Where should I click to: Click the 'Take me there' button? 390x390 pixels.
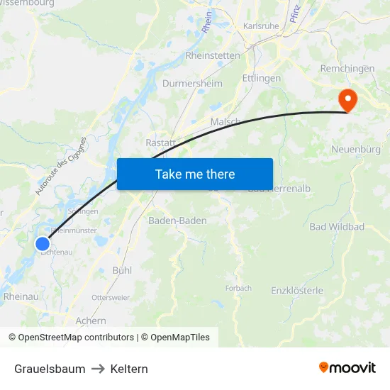tap(195, 174)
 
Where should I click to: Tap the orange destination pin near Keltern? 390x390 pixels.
tap(347, 100)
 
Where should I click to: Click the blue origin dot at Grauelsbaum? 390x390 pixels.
tap(42, 243)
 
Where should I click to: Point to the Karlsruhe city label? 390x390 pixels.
tap(261, 26)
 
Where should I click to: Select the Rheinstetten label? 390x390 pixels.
tap(213, 55)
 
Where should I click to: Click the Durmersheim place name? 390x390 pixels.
tap(191, 83)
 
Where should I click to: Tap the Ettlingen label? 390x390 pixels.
tap(261, 78)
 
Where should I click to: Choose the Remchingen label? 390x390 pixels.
tap(347, 68)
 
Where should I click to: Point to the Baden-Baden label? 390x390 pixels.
tap(177, 221)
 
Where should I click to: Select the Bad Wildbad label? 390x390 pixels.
tap(337, 227)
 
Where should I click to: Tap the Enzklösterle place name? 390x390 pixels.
tap(297, 291)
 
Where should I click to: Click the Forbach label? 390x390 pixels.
tap(238, 288)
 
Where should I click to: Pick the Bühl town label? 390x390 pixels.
tap(122, 270)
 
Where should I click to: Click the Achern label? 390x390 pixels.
tap(90, 321)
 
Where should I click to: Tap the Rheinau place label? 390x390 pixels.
tap(21, 296)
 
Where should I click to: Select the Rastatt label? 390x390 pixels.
tap(160, 143)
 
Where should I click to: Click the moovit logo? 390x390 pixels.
tap(347, 367)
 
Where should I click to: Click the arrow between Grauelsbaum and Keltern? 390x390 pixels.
tap(98, 369)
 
